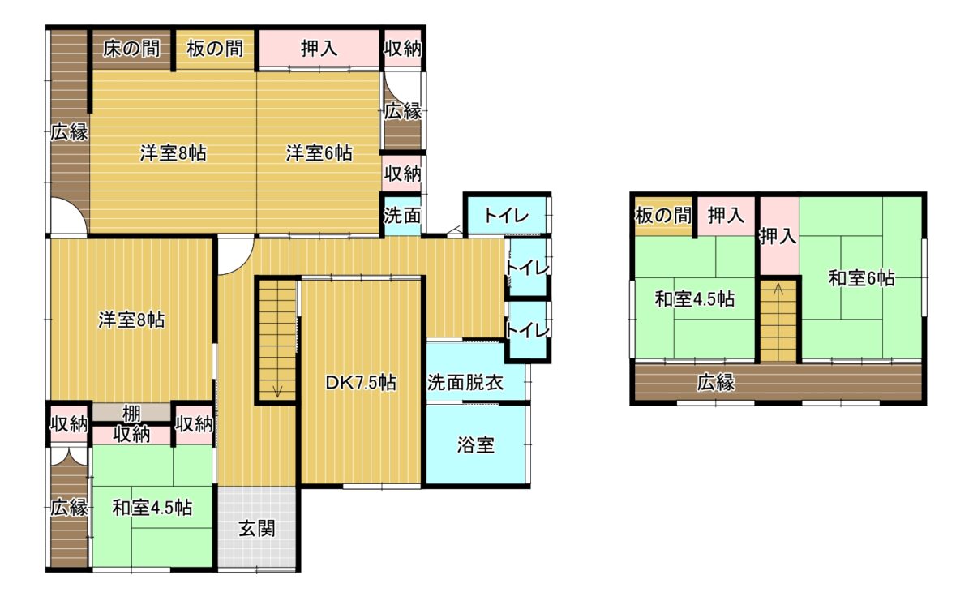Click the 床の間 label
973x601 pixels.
click(131, 49)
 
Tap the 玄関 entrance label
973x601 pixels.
click(257, 529)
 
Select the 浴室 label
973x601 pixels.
click(476, 445)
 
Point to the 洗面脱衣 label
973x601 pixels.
click(465, 382)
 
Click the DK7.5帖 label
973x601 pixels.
click(361, 383)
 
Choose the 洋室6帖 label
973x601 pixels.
click(319, 153)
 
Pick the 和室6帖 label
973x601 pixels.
click(862, 278)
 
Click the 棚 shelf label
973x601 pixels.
click(131, 414)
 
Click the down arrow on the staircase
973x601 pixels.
click(277, 391)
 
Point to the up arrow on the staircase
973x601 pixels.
click(778, 290)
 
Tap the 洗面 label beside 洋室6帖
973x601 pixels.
click(402, 216)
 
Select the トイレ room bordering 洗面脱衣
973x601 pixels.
click(527, 331)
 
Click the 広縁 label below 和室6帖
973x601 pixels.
click(716, 382)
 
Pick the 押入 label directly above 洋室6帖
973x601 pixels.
click(319, 49)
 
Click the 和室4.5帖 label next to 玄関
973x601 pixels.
click(152, 508)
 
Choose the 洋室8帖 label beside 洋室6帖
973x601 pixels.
click(174, 153)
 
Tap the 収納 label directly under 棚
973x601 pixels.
click(131, 434)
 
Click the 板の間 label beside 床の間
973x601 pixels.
click(215, 49)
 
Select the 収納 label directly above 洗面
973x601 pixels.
click(402, 174)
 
